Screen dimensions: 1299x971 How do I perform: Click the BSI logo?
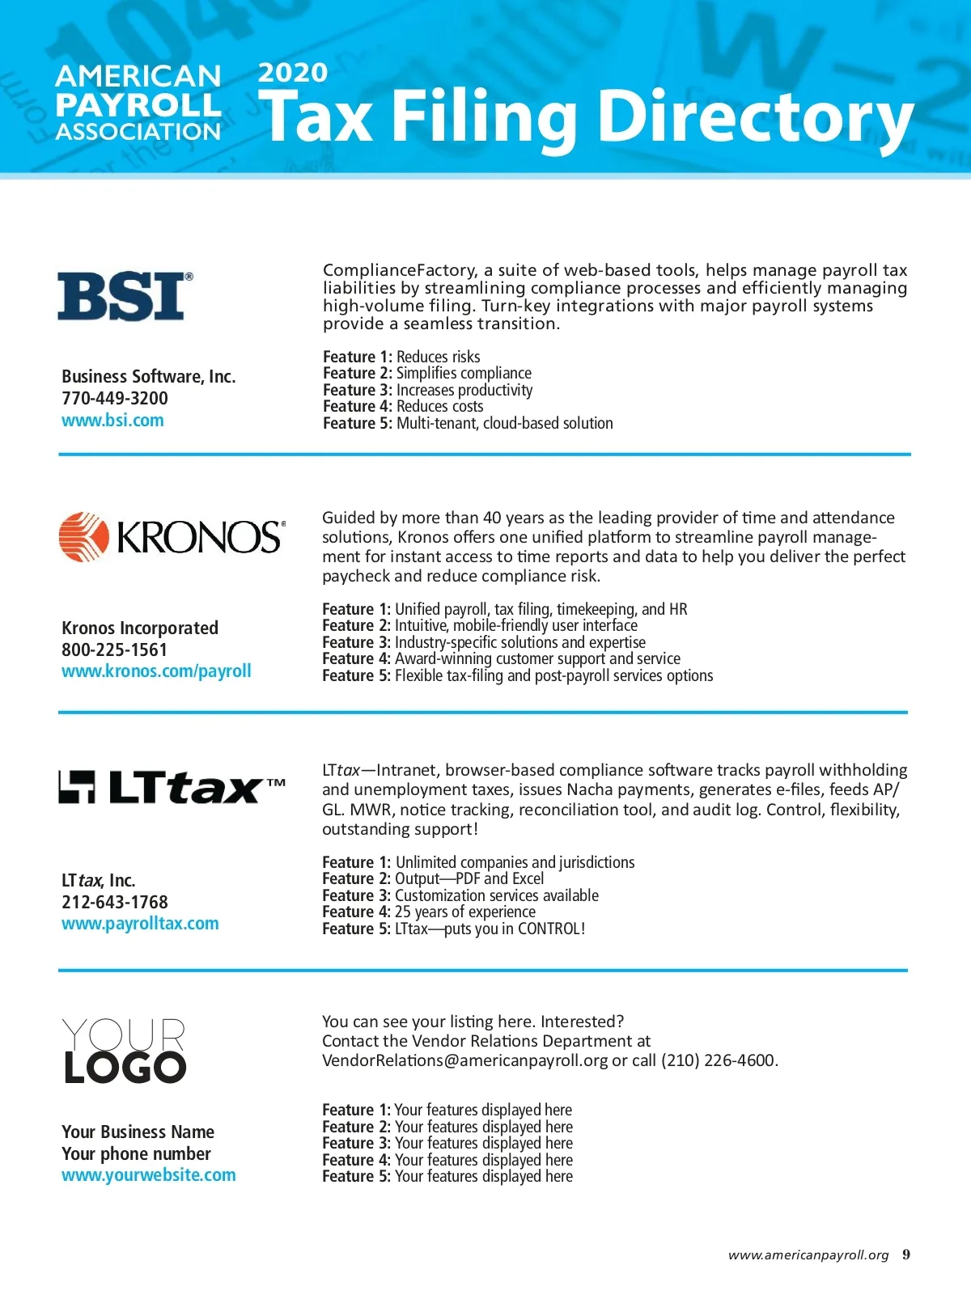point(125,296)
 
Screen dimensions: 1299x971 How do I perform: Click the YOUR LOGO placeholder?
point(125,1051)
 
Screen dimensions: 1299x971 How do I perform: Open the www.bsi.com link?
point(112,421)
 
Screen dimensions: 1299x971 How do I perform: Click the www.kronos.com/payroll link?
point(156,671)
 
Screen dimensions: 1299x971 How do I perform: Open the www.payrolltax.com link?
point(140,924)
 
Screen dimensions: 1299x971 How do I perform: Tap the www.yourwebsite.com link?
point(149,1175)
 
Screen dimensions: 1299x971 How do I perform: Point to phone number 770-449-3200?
point(115,398)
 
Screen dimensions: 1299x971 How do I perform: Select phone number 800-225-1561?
point(114,649)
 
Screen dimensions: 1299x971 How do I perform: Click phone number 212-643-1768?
point(115,902)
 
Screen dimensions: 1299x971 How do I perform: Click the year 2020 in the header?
point(292,73)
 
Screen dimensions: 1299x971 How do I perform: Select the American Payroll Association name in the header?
point(138,104)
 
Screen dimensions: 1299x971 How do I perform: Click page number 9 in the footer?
point(906,1255)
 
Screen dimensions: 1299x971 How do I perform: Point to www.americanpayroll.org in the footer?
point(808,1255)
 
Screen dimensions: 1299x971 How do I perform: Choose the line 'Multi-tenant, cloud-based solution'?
point(504,423)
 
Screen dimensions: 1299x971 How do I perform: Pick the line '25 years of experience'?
point(464,912)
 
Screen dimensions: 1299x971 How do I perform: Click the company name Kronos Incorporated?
point(140,628)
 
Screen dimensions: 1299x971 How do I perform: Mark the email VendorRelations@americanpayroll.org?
point(464,1060)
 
